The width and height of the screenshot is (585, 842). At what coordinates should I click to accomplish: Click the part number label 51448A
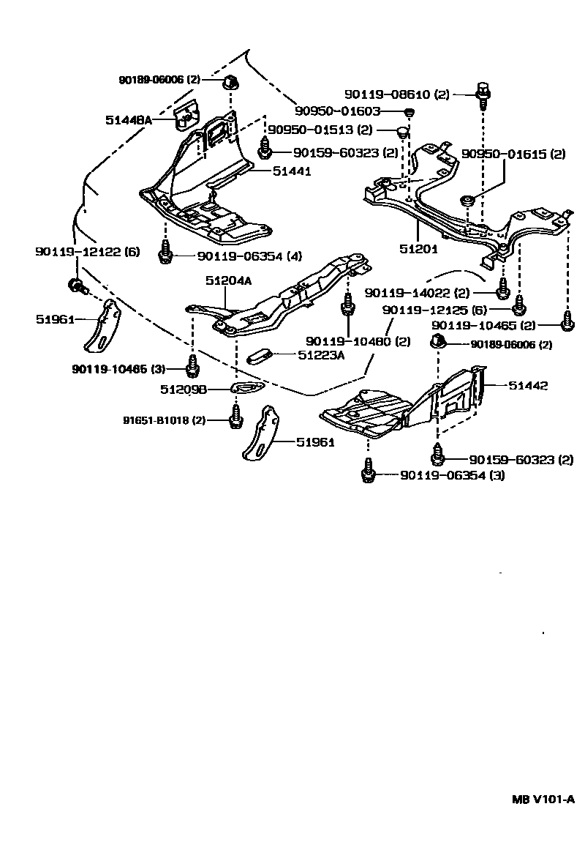coord(128,120)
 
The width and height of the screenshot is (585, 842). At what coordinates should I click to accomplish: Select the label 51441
coord(292,171)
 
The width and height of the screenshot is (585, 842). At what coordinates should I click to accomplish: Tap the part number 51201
coord(419,249)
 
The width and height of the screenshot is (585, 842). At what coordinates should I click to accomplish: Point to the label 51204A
coord(228,281)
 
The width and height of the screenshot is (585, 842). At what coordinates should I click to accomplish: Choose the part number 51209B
coord(184,390)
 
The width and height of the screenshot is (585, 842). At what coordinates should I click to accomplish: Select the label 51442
coord(528,385)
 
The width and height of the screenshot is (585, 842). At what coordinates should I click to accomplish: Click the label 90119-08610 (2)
coord(397,94)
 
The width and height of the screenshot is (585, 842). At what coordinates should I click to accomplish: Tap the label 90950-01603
coord(338,111)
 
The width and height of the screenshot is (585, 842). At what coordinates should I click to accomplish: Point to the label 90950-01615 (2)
coord(513,154)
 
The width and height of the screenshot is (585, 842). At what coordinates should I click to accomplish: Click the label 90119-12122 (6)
coord(88,251)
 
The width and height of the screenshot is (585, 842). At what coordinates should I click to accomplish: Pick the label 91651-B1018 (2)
coord(164,420)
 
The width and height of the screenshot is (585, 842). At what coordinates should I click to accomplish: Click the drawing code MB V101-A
coord(543,814)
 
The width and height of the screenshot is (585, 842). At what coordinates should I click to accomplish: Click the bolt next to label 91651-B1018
coord(235,416)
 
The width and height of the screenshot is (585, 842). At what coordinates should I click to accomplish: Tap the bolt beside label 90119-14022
coord(503,289)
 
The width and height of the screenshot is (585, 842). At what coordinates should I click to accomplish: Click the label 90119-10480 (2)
coord(358,341)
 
